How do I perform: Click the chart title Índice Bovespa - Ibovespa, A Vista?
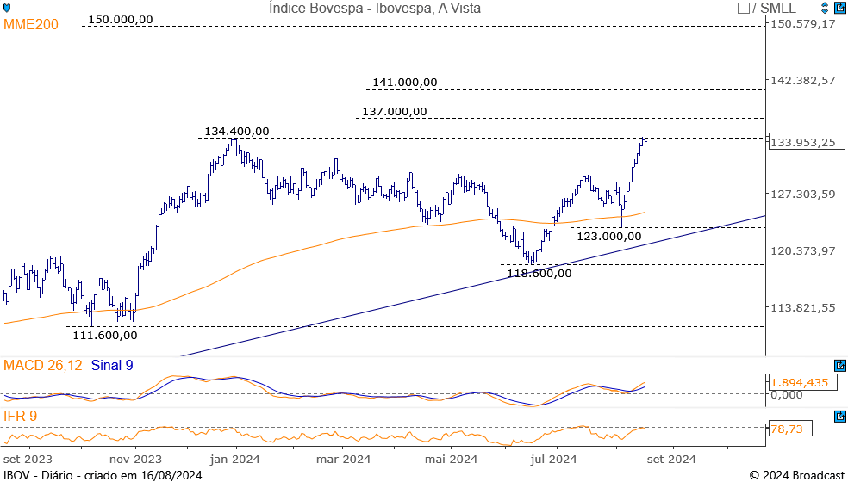click(374, 9)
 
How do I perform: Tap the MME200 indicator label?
click(31, 24)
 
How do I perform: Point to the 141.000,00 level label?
click(404, 83)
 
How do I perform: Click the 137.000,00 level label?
click(394, 111)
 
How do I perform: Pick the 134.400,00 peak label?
click(236, 132)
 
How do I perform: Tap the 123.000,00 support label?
click(608, 236)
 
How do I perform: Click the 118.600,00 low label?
click(539, 274)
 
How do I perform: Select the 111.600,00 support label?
click(104, 336)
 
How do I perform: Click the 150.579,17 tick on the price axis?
click(803, 23)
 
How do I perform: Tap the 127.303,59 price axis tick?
click(803, 195)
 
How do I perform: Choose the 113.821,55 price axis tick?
click(803, 308)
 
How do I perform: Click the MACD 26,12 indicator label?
click(43, 366)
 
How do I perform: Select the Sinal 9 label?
click(112, 366)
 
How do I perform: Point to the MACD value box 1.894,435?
click(799, 383)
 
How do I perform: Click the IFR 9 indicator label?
click(21, 417)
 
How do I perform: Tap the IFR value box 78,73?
click(786, 428)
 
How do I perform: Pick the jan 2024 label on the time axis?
click(235, 459)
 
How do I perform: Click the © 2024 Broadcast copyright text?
click(796, 475)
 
